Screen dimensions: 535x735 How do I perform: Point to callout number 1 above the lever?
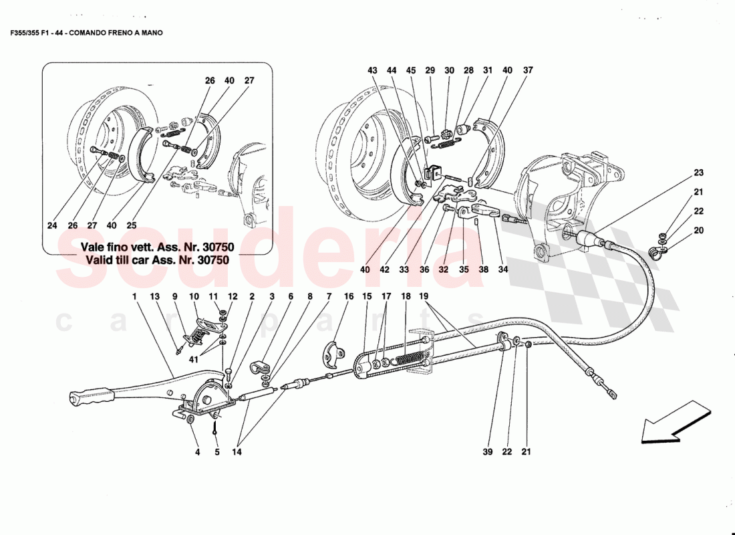coord(134,296)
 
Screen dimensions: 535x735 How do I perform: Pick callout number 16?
coord(348,296)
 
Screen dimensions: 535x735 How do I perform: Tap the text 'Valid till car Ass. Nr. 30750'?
coord(156,259)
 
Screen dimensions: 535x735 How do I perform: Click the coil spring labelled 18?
coord(409,360)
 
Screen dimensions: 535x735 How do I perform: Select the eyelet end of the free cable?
coord(611,393)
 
